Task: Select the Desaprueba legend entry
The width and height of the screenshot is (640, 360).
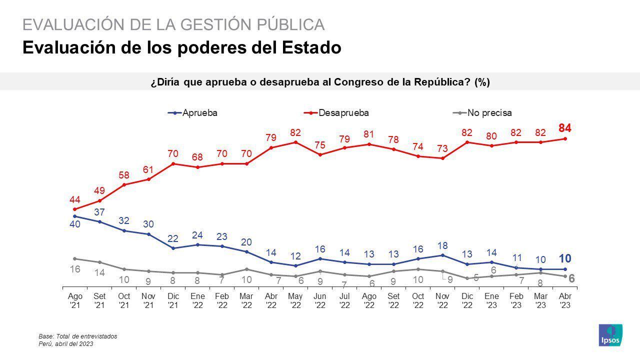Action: click(x=339, y=113)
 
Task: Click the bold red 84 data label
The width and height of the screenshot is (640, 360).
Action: click(x=565, y=128)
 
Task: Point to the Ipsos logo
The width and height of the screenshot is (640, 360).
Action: click(x=610, y=334)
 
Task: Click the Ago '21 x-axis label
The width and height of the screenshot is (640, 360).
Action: click(x=75, y=300)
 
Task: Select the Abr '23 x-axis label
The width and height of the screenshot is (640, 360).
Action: click(x=565, y=300)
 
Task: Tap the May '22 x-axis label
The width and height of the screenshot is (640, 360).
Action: click(x=295, y=300)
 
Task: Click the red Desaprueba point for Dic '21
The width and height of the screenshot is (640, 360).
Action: click(x=173, y=163)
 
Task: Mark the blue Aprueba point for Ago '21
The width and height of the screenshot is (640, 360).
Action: click(x=75, y=216)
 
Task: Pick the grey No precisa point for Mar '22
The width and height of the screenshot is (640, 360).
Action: click(x=246, y=269)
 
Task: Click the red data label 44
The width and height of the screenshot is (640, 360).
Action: click(x=75, y=199)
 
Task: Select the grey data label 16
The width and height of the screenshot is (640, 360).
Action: click(x=75, y=269)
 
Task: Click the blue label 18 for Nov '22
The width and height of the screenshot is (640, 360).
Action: click(x=442, y=245)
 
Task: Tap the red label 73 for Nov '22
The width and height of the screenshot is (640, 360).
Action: click(x=442, y=148)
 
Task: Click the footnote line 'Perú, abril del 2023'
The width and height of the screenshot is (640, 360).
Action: click(x=66, y=344)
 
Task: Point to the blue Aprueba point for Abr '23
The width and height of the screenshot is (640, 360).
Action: click(x=565, y=269)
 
